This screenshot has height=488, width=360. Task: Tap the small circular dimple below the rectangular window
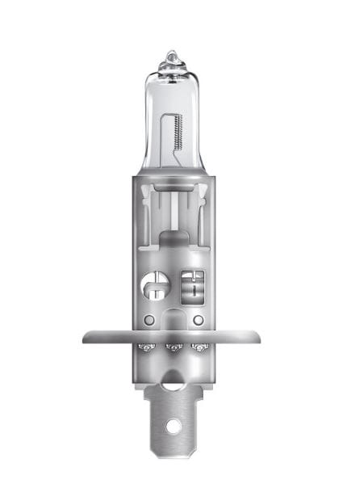[x=198, y=320]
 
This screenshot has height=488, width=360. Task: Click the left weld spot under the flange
[x=146, y=348]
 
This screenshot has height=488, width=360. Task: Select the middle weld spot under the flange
[x=171, y=348]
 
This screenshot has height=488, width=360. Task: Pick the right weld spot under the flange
[x=197, y=348]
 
